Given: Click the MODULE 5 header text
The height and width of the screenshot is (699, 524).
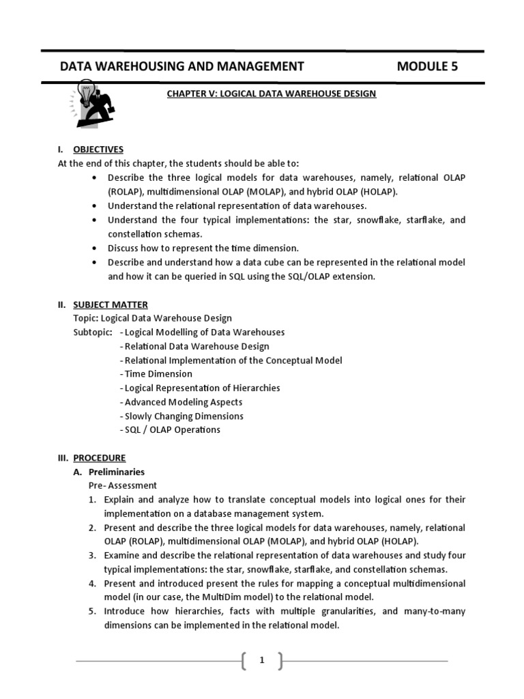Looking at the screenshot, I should (427, 66).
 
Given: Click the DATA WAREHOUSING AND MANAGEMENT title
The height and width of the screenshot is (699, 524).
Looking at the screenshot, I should (182, 66).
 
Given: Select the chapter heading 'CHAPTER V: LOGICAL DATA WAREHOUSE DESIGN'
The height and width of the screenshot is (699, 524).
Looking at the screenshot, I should (272, 94).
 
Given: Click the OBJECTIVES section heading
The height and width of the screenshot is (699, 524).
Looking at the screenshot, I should (98, 149).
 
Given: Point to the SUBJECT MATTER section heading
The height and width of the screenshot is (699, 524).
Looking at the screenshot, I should (110, 304).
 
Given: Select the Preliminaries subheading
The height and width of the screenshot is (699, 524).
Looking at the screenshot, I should (116, 472).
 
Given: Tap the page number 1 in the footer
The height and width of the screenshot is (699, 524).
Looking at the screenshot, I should (261, 660).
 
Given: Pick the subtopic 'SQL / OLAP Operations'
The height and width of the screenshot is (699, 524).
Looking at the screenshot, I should (171, 430).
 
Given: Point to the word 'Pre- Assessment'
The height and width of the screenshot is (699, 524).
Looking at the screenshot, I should (122, 485).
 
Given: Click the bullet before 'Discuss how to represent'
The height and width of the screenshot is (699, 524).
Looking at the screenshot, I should (93, 248).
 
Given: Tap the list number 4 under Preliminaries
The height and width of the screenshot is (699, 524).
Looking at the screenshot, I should (91, 584).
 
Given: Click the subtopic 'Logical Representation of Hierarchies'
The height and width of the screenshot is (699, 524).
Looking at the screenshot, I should (200, 388).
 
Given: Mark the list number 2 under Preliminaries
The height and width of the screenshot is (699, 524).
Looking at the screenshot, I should (91, 528).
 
